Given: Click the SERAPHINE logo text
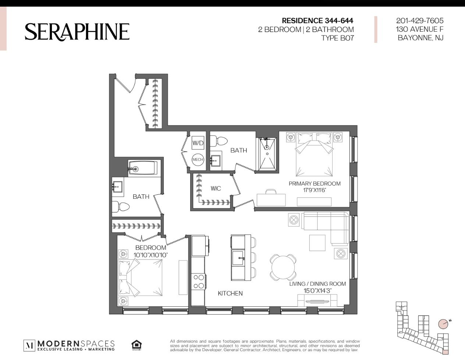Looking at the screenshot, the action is click(x=77, y=32).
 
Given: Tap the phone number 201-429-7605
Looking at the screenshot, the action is click(x=420, y=21).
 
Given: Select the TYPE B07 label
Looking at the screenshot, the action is click(x=337, y=38).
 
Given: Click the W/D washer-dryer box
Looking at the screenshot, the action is click(x=198, y=143).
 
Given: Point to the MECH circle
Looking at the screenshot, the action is click(x=198, y=160).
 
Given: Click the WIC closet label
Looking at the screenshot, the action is click(x=216, y=188).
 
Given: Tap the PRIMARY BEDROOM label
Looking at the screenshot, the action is click(x=314, y=183).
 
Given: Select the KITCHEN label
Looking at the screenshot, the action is click(x=230, y=293).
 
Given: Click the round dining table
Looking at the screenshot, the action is click(x=283, y=267).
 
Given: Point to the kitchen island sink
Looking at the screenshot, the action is click(x=238, y=258).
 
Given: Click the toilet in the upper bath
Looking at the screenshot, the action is click(x=219, y=141).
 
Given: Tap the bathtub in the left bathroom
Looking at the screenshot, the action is click(x=143, y=168).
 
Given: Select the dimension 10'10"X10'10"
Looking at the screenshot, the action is click(x=150, y=255).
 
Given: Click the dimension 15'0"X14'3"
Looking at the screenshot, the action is click(x=317, y=291).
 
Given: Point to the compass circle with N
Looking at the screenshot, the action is click(x=443, y=324).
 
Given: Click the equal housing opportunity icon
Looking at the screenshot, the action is click(x=136, y=345).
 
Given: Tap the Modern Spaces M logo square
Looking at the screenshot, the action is click(x=29, y=345).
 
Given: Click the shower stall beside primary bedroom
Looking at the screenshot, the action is click(x=267, y=154).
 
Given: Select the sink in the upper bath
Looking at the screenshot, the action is click(x=215, y=160).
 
